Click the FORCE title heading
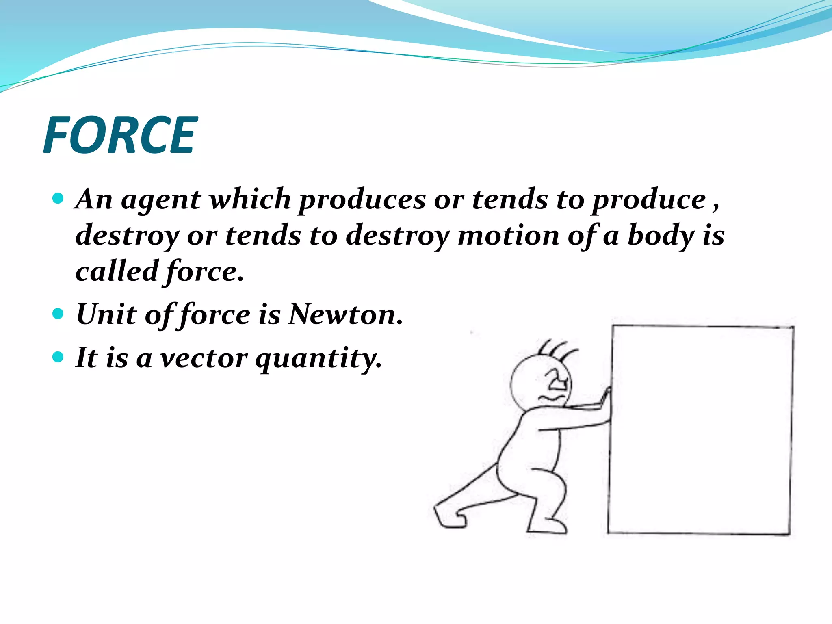120,135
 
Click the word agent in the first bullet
161,200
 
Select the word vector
203,358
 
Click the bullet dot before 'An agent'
58,199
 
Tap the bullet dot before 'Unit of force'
58,314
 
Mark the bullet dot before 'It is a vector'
58,357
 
